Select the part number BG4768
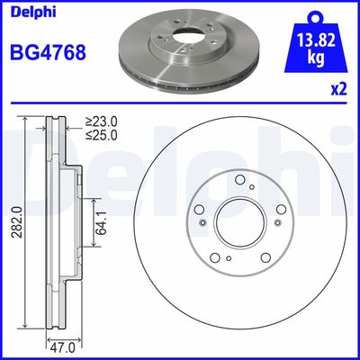point(49,52)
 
